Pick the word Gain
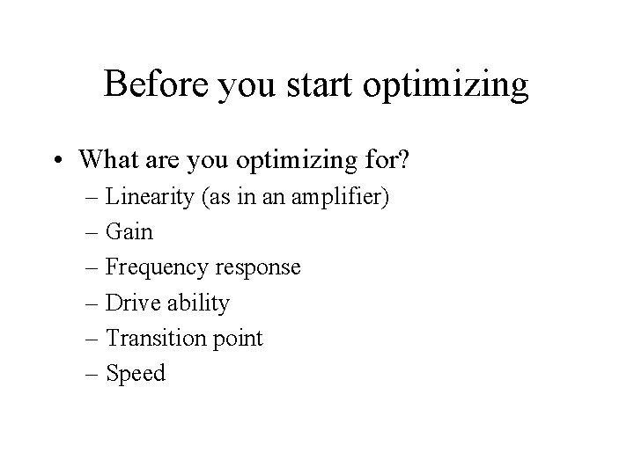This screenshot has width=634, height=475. click(x=129, y=232)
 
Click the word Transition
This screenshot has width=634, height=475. click(x=153, y=338)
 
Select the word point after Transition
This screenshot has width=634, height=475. click(x=234, y=339)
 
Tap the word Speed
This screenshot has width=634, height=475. click(x=136, y=374)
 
